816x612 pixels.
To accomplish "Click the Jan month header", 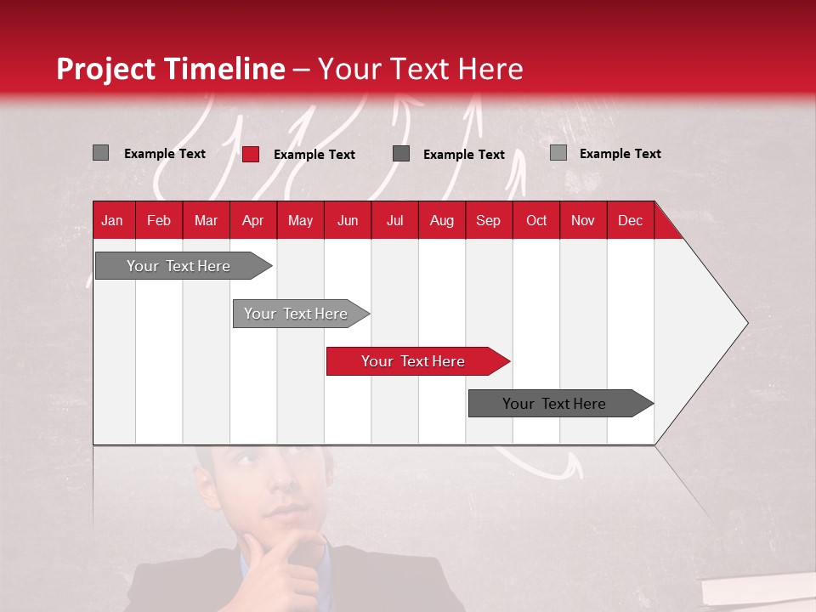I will click(112, 220).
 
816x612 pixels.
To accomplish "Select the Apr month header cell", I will click(252, 220).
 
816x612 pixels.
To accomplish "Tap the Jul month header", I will click(394, 220).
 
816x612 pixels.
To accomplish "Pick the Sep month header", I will click(488, 220).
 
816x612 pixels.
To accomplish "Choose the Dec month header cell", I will click(630, 220).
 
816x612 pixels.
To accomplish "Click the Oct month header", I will click(535, 220).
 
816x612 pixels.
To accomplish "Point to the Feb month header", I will click(159, 220).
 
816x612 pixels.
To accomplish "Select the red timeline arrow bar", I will click(416, 361).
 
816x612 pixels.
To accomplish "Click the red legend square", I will click(250, 154).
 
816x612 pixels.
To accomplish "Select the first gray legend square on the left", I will click(100, 153).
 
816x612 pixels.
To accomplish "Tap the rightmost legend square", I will click(558, 153).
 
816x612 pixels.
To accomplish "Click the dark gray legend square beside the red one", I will click(401, 154).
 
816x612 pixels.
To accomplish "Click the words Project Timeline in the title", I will click(170, 69).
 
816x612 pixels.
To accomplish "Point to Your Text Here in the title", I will click(421, 69).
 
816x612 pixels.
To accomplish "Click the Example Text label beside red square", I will click(314, 155).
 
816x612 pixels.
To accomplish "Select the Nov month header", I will click(582, 220).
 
